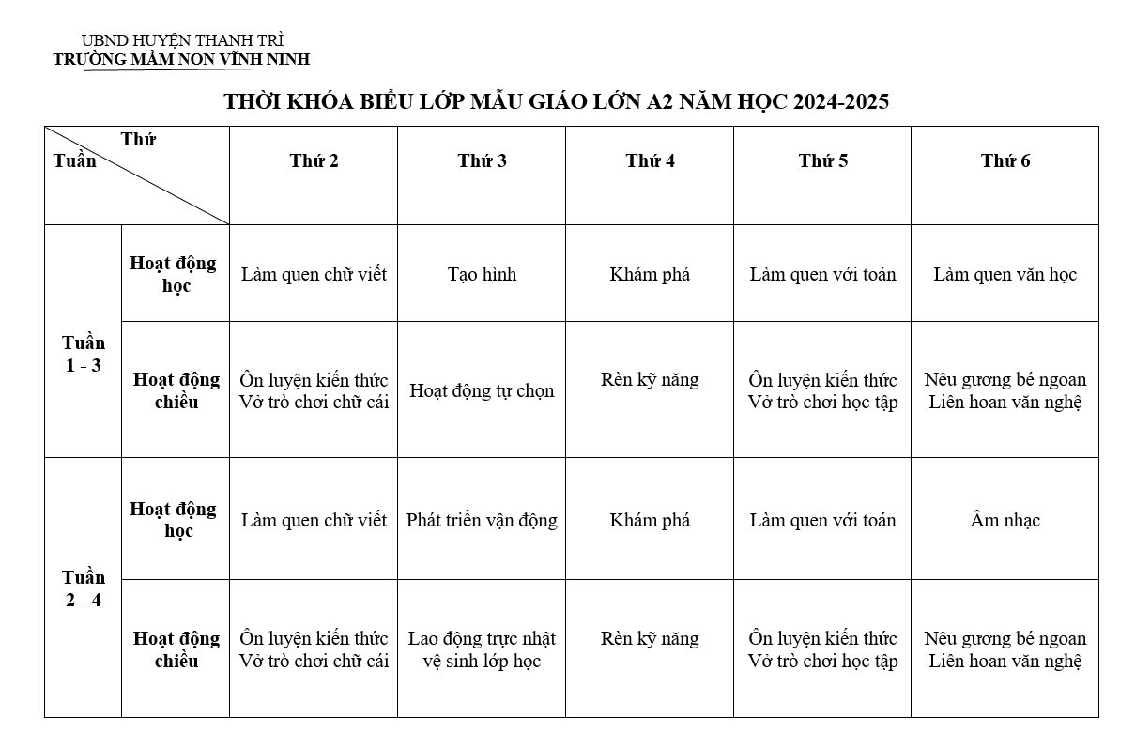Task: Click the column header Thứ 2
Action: click(314, 161)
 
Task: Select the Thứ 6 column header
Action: click(1005, 161)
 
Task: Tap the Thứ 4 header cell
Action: click(650, 161)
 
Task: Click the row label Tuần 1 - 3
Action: click(84, 354)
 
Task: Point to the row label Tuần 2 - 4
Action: click(84, 588)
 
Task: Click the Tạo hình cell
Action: click(482, 275)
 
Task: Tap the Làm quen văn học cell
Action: click(1005, 275)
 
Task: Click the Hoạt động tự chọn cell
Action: click(482, 391)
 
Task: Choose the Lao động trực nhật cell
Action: click(482, 639)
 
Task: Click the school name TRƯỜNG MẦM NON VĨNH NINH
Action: click(181, 60)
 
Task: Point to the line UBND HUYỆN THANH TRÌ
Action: click(182, 41)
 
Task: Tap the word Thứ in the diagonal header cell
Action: click(138, 140)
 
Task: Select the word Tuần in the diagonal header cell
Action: click(75, 160)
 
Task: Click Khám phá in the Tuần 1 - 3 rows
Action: click(650, 275)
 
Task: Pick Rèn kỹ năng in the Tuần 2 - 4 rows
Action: click(650, 639)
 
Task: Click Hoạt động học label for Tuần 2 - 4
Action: click(174, 520)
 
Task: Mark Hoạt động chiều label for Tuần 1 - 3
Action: click(176, 391)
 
